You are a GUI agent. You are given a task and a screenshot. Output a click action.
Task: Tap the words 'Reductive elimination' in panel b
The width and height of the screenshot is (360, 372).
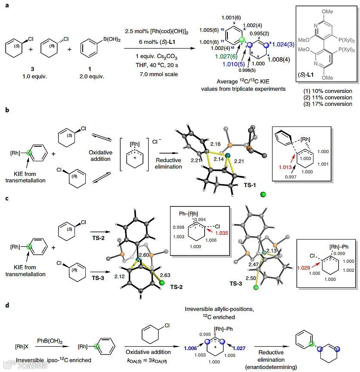click(169, 163)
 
